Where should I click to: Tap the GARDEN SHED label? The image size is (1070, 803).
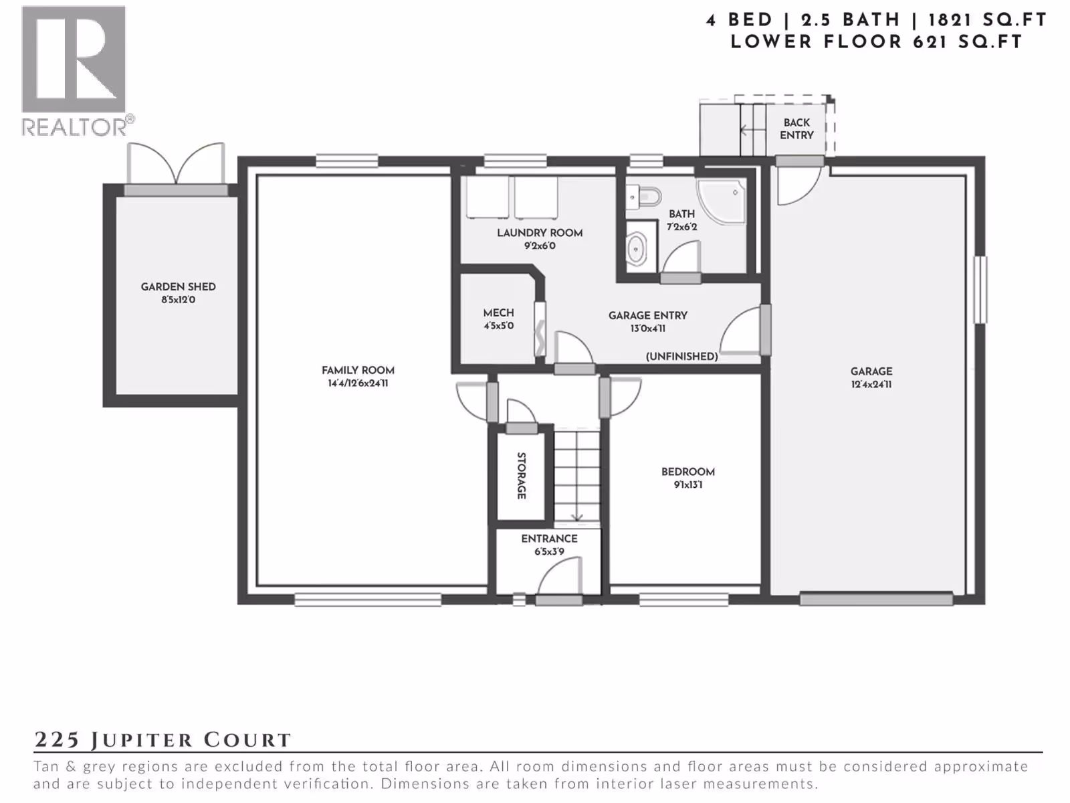[x=178, y=286]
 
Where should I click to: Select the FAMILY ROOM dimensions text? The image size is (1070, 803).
[x=358, y=383]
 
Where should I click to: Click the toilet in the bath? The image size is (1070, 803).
[x=643, y=197]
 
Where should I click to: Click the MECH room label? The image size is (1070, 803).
[x=498, y=313]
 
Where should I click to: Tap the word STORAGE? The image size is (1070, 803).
[x=521, y=475]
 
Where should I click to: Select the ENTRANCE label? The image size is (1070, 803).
[x=549, y=538]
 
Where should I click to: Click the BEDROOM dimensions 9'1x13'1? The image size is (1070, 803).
[x=688, y=484]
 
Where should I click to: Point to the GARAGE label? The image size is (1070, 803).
[x=871, y=371]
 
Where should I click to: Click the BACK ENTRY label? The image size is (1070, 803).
[x=796, y=128]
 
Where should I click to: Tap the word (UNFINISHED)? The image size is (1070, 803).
[x=681, y=357]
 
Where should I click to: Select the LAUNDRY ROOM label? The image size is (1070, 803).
[x=540, y=233]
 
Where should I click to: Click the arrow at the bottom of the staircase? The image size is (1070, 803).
[x=577, y=511]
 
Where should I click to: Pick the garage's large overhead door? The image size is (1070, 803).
[x=876, y=599]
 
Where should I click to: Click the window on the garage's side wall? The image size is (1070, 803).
[x=980, y=290]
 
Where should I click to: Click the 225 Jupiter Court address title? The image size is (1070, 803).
[x=163, y=740]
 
